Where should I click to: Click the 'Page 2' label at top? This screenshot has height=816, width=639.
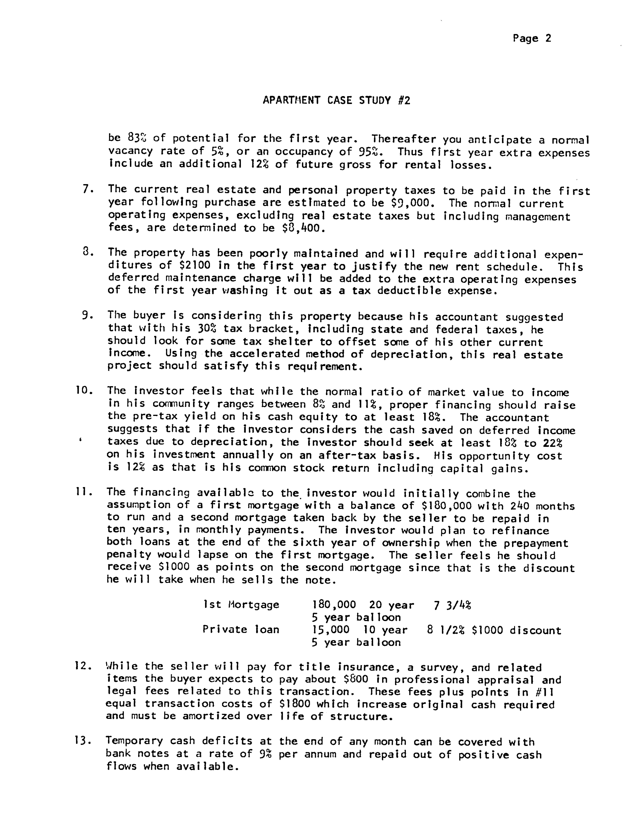tap(532, 39)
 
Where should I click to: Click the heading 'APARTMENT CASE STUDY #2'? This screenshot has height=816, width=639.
tap(336, 100)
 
